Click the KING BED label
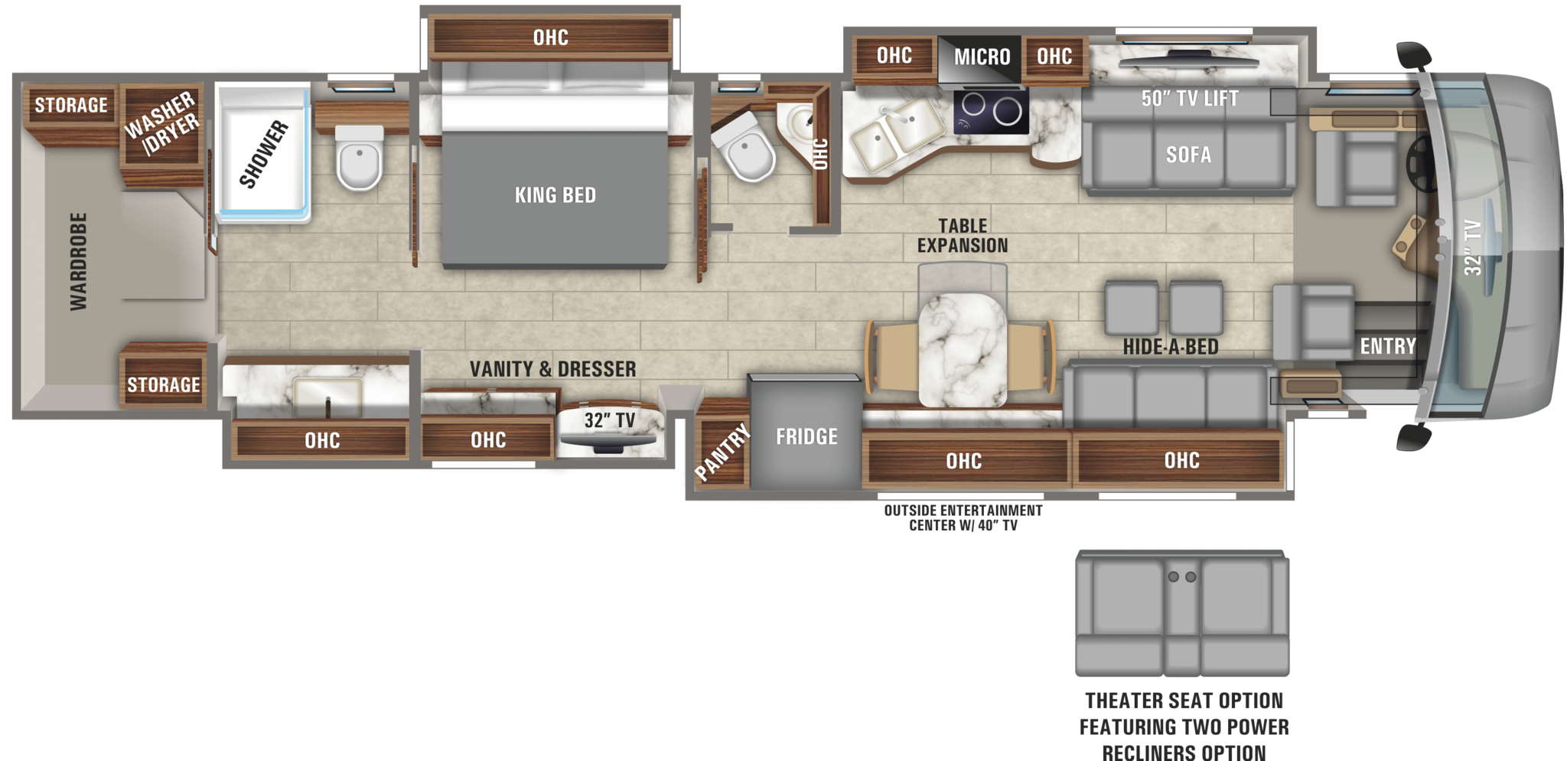pyautogui.click(x=555, y=195)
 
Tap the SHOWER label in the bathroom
pyautogui.click(x=264, y=154)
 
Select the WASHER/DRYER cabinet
pyautogui.click(x=161, y=124)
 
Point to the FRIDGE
pyautogui.click(x=806, y=436)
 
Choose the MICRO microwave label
pyautogui.click(x=982, y=57)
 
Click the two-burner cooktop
pyautogui.click(x=991, y=111)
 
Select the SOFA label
pyautogui.click(x=1188, y=155)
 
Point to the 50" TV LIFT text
pyautogui.click(x=1189, y=99)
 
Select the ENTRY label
pyautogui.click(x=1387, y=347)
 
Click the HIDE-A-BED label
pyautogui.click(x=1170, y=347)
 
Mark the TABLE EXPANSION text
pyautogui.click(x=963, y=236)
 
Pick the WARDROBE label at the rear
pyautogui.click(x=78, y=261)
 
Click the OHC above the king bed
pyautogui.click(x=550, y=38)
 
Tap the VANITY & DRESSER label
pyautogui.click(x=552, y=369)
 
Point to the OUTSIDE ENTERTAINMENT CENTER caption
pyautogui.click(x=963, y=518)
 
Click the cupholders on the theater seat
pyautogui.click(x=1181, y=576)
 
